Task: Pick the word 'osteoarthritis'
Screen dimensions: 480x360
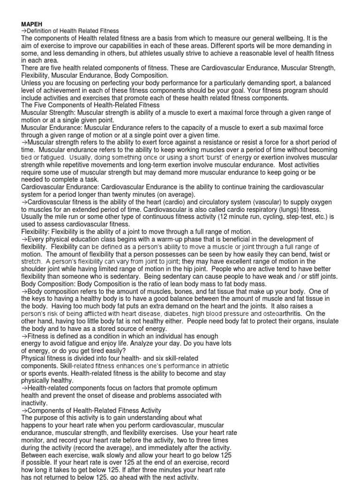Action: [x=285, y=314]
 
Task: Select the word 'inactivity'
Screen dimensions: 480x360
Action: [x=34, y=403]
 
